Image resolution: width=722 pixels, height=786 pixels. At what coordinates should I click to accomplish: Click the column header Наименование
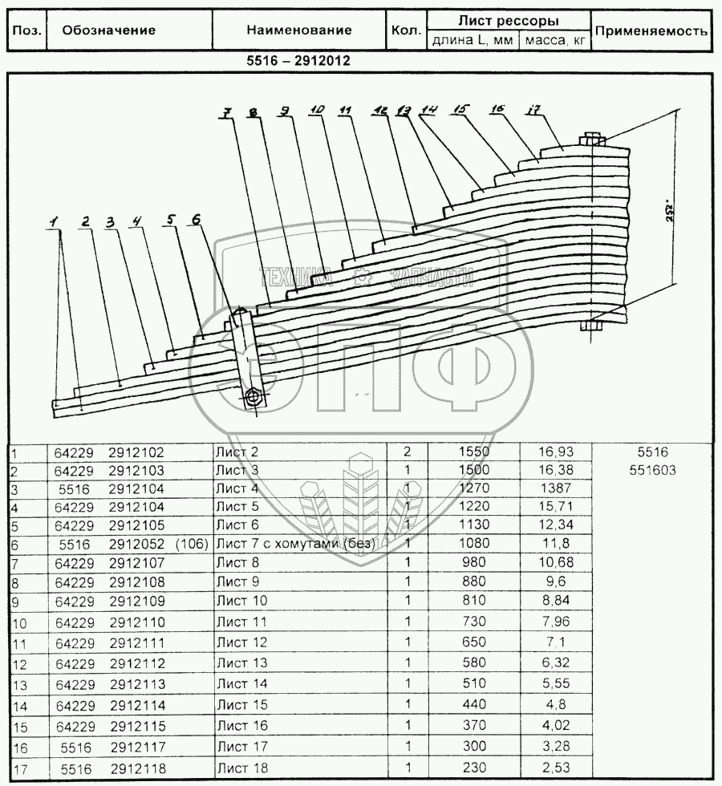pos(298,30)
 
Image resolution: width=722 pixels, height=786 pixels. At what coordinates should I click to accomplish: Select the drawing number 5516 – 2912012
pos(298,60)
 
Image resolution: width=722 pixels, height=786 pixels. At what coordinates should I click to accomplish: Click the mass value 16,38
pos(554,471)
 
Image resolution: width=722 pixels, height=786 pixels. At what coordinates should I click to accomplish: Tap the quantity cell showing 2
pos(407,453)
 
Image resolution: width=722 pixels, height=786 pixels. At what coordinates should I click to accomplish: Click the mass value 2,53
pos(554,768)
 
